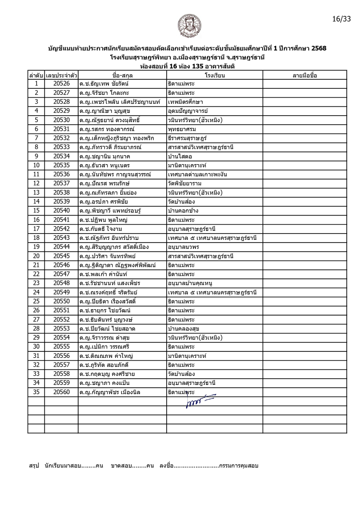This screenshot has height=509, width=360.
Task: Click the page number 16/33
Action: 341,19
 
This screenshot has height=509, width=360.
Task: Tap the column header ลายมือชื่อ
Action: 305,75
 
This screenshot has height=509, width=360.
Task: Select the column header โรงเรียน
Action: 215,75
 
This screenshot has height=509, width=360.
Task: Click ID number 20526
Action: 61,84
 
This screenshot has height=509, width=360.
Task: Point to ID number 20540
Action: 61,211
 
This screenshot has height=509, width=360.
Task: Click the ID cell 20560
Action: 61,392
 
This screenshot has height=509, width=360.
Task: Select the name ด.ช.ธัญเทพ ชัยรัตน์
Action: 104,84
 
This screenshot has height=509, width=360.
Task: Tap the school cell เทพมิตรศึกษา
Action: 185,102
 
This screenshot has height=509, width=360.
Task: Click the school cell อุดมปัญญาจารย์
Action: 188,111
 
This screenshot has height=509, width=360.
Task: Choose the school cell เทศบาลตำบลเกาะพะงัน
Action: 197,174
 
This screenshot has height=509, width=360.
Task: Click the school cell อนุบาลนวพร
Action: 183,247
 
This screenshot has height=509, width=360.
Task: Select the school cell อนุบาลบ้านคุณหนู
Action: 190,283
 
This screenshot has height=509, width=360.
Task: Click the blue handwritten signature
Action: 199,401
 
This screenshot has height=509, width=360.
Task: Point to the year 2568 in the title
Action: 319,48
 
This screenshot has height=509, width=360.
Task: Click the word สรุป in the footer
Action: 34,466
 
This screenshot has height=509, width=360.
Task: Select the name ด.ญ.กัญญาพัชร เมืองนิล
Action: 110,392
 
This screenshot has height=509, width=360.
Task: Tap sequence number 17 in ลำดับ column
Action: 36,229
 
